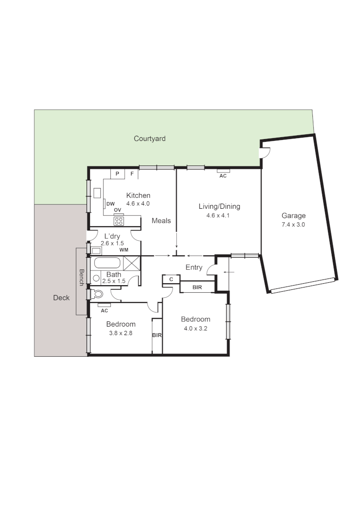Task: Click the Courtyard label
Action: pos(149,139)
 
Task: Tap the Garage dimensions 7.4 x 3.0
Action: pos(293,224)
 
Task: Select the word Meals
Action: pos(161,221)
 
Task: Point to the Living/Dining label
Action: pos(219,206)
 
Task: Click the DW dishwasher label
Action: pos(111,204)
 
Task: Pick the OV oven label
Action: pos(118,210)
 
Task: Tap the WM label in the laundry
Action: pos(124,249)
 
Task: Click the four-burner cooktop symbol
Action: pos(118,221)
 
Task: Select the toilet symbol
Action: pos(98,294)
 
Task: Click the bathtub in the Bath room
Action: pos(107,263)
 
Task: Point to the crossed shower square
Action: pos(132,263)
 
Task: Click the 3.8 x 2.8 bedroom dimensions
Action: pos(121,333)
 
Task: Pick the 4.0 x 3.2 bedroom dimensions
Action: pos(196,328)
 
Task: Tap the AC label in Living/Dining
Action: pos(223,176)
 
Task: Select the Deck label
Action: pos(61,297)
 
